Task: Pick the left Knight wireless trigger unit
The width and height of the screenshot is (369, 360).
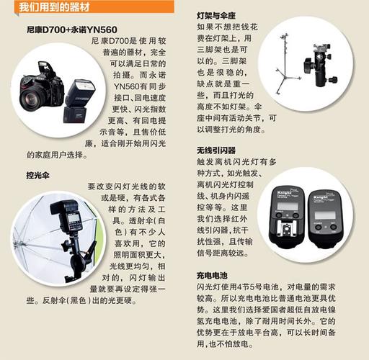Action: (284, 216)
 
